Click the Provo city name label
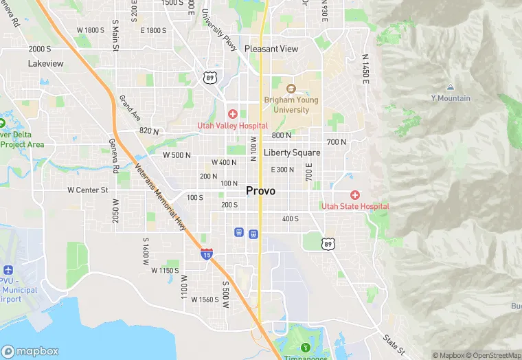click(x=260, y=191)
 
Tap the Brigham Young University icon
click(x=291, y=89)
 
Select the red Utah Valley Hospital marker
click(x=233, y=113)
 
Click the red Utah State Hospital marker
click(x=355, y=195)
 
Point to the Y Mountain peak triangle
click(x=450, y=87)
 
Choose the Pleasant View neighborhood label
click(x=271, y=49)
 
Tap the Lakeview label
click(x=46, y=63)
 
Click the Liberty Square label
click(x=292, y=153)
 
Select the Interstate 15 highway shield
click(x=206, y=254)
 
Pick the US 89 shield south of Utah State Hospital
click(x=329, y=244)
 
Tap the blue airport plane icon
click(x=8, y=269)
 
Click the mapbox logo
click(x=30, y=350)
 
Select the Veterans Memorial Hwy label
click(x=160, y=196)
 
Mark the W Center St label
click(x=88, y=190)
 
